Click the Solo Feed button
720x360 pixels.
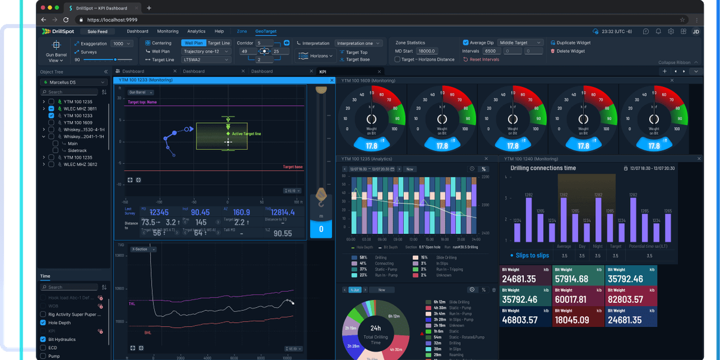(97, 31)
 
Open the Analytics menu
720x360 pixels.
(196, 31)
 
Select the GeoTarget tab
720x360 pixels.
(266, 31)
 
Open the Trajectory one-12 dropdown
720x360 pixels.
(207, 52)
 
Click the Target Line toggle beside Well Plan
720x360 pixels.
(218, 43)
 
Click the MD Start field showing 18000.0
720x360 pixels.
(424, 52)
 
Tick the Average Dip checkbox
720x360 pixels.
(466, 43)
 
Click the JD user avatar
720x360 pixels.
(696, 31)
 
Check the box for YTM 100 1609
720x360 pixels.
(51, 122)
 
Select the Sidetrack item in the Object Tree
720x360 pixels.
(77, 151)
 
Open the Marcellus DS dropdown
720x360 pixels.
(74, 82)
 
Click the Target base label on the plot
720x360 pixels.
(292, 167)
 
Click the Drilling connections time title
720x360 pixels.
(543, 168)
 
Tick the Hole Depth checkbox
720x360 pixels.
(43, 322)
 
